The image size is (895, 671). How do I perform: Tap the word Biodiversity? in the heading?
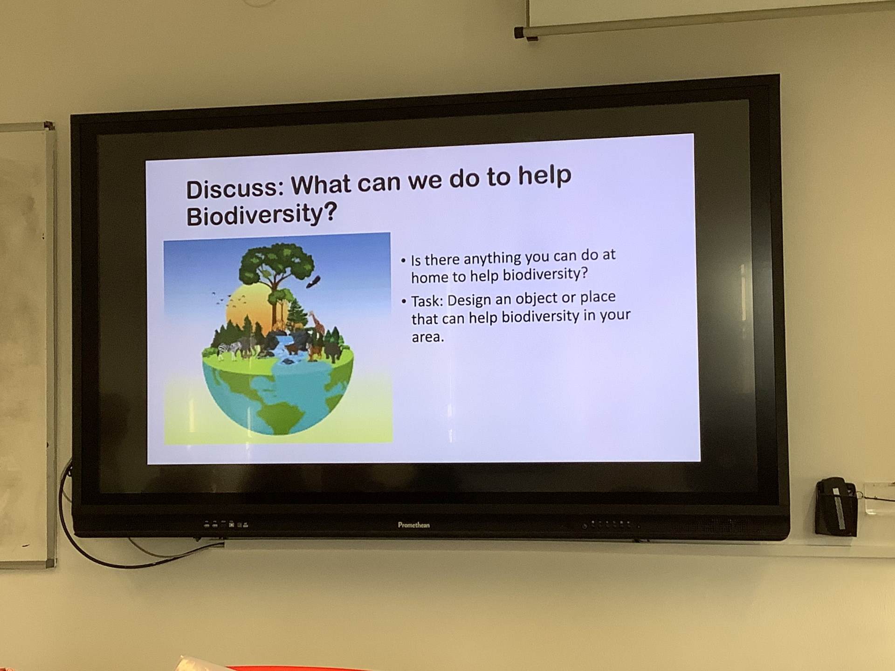(x=261, y=213)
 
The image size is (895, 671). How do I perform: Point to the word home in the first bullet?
(x=429, y=277)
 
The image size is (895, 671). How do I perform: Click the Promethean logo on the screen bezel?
(x=413, y=525)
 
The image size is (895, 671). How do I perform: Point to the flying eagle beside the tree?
(x=314, y=282)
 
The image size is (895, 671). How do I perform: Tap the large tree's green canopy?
(x=277, y=262)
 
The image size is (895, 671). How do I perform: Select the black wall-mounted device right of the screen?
(x=836, y=507)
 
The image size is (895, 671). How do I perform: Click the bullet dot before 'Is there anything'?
(x=404, y=260)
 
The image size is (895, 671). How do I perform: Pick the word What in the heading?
(x=321, y=185)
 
